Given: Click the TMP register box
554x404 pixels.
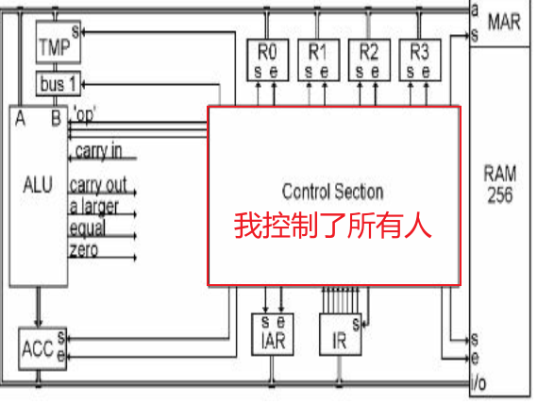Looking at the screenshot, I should click(x=56, y=43).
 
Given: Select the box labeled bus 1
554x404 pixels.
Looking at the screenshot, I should click(x=56, y=83).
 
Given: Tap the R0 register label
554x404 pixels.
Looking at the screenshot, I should click(x=267, y=52).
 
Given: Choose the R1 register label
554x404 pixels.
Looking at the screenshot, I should click(x=317, y=52).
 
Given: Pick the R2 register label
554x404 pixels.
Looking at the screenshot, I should click(x=368, y=52).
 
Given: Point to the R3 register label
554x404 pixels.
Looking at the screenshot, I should click(x=419, y=52).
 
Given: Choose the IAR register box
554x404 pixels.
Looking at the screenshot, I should click(x=274, y=335).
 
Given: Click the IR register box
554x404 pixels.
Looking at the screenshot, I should click(x=341, y=338).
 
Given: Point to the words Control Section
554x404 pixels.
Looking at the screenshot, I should click(x=332, y=192).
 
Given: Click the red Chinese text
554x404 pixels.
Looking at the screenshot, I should click(x=332, y=227).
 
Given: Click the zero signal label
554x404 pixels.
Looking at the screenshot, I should click(x=83, y=250).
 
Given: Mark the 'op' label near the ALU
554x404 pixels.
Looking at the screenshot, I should click(x=85, y=116).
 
